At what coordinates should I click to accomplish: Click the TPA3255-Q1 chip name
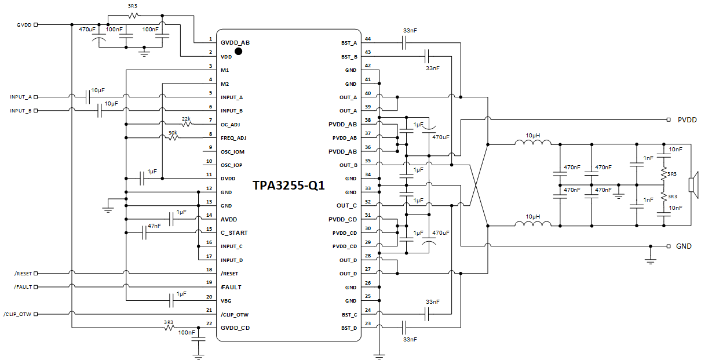[289, 186]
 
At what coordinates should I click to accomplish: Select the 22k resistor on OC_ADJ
[187, 124]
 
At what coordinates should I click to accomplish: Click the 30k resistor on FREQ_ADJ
[173, 138]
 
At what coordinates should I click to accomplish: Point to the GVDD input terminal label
[24, 25]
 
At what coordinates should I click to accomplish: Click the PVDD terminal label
[687, 120]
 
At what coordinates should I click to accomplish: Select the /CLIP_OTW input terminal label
[16, 314]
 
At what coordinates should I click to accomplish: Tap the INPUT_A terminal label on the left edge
[21, 97]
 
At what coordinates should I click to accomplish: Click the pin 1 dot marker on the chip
[238, 51]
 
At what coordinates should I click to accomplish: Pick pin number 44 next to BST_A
[368, 39]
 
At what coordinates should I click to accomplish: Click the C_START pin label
[234, 233]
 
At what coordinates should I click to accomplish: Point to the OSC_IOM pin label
[232, 151]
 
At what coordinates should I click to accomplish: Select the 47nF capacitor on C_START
[144, 232]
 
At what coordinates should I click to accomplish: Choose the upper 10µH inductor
[533, 144]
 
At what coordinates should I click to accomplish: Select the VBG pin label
[227, 301]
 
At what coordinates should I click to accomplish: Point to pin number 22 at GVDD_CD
[209, 323]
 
